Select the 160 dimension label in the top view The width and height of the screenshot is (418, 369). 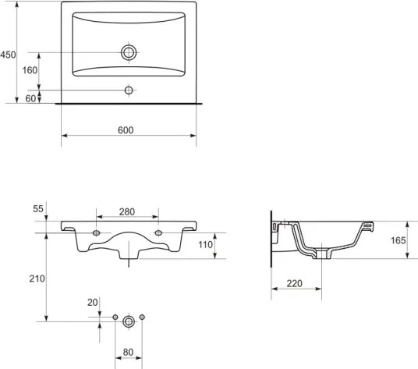tap(29, 70)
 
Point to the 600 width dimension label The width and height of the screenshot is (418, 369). tap(126, 130)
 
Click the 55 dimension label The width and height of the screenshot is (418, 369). tap(38, 209)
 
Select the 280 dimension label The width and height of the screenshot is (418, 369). tap(126, 211)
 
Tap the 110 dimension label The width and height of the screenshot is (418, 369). tap(205, 245)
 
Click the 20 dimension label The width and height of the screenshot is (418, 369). tap(93, 303)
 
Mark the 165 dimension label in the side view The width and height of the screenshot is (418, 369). tap(399, 241)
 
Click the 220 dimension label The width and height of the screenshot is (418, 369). tap(295, 284)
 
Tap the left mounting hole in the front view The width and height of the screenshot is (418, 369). tap(96, 233)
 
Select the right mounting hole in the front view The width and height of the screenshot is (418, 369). tap(158, 233)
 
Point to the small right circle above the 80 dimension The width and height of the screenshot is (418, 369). tap(143, 317)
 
